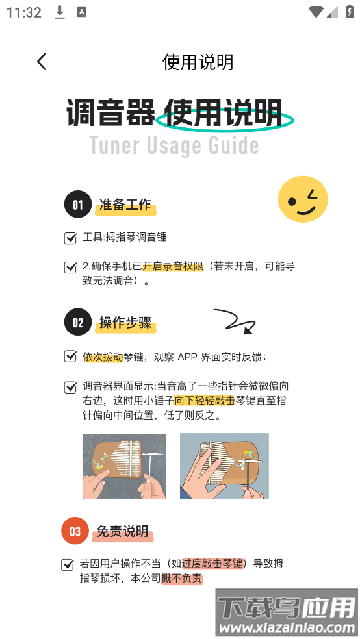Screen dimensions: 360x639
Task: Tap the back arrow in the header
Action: click(42, 62)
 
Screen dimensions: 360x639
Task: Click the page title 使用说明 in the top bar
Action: click(198, 62)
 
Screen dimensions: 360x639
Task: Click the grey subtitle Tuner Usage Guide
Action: click(174, 145)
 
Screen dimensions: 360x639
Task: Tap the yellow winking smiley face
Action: click(303, 199)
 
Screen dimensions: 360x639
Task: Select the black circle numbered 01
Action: click(77, 204)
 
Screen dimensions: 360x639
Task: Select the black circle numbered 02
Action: click(77, 323)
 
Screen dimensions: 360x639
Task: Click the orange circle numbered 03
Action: click(75, 531)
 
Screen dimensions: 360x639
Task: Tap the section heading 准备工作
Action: click(125, 205)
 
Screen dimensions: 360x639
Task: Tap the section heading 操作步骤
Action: click(125, 323)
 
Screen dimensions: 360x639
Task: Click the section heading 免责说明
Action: click(122, 531)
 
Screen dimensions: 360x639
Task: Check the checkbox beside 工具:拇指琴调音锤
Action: click(71, 238)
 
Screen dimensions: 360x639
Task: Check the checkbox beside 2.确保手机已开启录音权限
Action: click(71, 268)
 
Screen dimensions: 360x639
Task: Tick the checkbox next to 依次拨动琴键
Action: click(71, 357)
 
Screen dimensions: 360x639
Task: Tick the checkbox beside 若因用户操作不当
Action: click(68, 564)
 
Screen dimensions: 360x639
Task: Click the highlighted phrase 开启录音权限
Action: click(173, 266)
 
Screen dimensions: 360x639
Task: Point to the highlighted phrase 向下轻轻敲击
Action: click(204, 401)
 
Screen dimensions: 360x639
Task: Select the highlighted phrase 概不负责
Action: click(182, 578)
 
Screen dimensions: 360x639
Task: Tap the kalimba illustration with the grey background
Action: click(124, 466)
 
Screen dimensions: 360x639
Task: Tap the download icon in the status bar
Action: click(60, 13)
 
